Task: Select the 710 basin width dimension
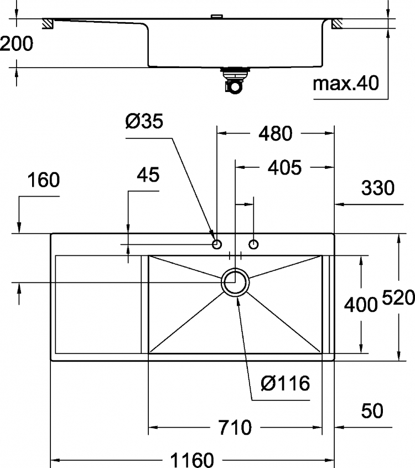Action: (x=235, y=428)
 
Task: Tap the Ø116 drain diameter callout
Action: (x=286, y=383)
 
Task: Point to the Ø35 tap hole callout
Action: (x=144, y=121)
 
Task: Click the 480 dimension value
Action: (x=275, y=133)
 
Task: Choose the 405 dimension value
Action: (x=284, y=167)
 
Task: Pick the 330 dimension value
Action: (x=378, y=188)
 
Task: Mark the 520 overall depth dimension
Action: (x=398, y=297)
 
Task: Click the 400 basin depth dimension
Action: (x=361, y=305)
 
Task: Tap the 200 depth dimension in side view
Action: (x=17, y=44)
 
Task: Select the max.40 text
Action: (x=346, y=83)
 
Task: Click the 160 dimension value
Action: (x=44, y=180)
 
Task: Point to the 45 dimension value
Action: (x=148, y=174)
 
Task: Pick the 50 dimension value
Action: (x=372, y=411)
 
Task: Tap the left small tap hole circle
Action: (x=217, y=244)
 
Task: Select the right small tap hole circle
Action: (x=253, y=244)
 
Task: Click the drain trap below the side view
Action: (x=235, y=81)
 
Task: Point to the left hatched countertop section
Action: (x=48, y=24)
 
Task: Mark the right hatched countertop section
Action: (x=337, y=24)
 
